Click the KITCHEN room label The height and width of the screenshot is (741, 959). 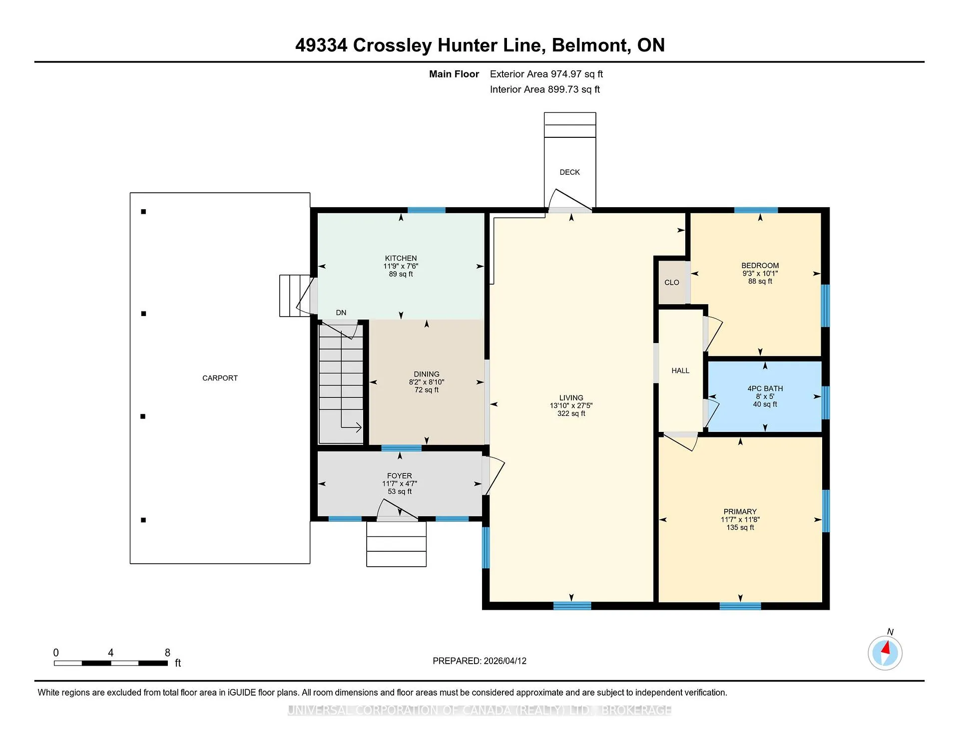[x=401, y=258]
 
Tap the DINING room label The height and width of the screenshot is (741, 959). [x=427, y=374]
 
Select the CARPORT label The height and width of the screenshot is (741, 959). [x=220, y=378]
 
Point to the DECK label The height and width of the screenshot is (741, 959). [x=570, y=172]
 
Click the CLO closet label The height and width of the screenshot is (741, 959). [x=672, y=283]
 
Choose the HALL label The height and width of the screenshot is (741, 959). [x=680, y=370]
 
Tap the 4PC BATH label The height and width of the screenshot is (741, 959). [x=765, y=388]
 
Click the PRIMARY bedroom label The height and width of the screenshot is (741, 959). [x=740, y=512]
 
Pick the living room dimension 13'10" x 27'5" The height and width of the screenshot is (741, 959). [x=571, y=406]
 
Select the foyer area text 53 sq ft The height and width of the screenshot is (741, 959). [x=400, y=491]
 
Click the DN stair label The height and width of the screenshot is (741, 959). [x=341, y=313]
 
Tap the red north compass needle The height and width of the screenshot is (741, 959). [x=887, y=648]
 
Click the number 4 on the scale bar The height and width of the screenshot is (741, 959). [x=110, y=653]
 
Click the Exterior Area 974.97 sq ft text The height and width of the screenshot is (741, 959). [x=546, y=74]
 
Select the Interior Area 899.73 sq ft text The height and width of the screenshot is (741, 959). [x=545, y=89]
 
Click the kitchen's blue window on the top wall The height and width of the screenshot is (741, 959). [x=427, y=210]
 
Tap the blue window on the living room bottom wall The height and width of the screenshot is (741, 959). [x=572, y=606]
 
